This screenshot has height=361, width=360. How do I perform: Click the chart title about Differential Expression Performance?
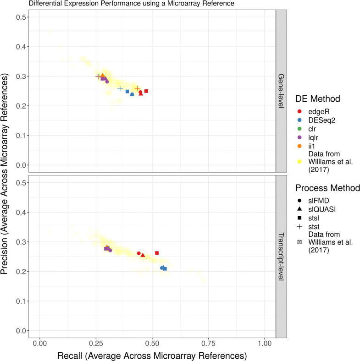tap(131, 4)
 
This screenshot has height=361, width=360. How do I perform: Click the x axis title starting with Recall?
tap(153, 355)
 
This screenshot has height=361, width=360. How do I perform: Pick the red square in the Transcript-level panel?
tap(157, 253)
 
